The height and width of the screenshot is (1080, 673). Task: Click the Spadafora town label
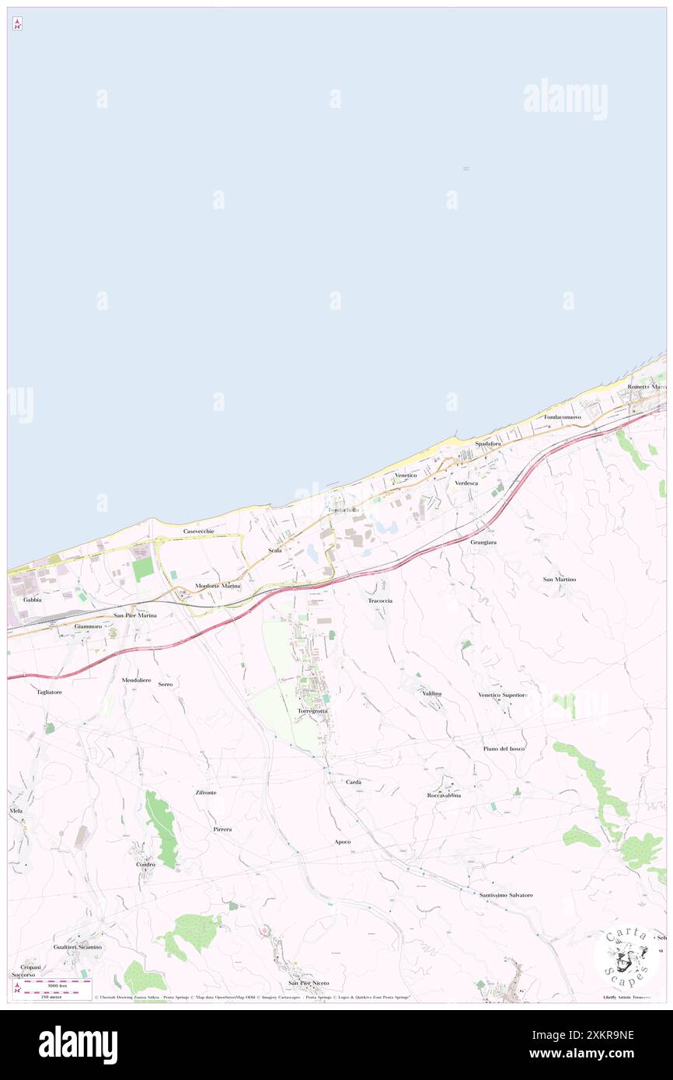(488, 444)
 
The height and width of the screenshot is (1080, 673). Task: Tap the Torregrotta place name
(313, 711)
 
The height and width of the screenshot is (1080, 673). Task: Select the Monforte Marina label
(218, 585)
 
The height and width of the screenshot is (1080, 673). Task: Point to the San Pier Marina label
(135, 615)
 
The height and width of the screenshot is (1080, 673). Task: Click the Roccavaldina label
(444, 795)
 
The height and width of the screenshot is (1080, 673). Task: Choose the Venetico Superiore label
(503, 695)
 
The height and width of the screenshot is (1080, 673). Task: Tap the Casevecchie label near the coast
(198, 531)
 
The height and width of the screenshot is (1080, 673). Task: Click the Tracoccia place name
(380, 601)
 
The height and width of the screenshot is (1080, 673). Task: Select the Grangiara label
(483, 542)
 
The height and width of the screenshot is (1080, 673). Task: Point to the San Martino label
(560, 580)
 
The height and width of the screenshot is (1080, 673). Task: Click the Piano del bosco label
(504, 748)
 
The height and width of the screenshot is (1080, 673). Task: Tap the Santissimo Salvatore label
(506, 895)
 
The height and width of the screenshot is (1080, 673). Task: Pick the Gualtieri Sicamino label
(78, 947)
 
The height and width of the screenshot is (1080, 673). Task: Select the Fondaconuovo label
(563, 417)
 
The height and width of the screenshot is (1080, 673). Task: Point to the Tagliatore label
(49, 691)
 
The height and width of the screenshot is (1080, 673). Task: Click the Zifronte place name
(206, 792)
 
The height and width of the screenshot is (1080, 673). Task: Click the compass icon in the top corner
(17, 24)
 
